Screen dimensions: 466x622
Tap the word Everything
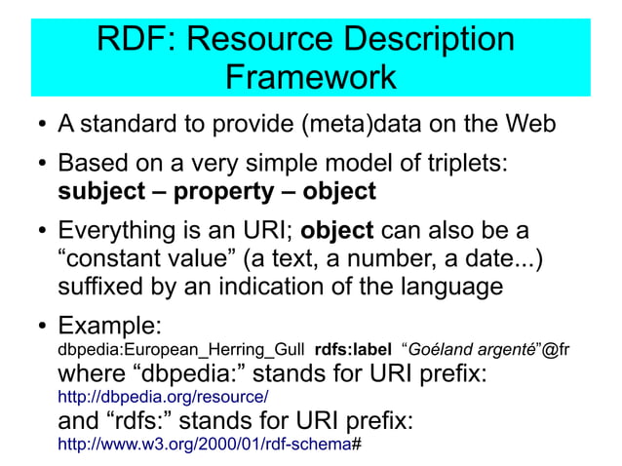tap(129, 233)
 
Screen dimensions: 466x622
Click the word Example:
tap(109, 324)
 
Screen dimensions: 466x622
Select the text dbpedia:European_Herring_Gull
tap(182, 349)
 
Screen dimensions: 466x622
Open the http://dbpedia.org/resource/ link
tap(164, 397)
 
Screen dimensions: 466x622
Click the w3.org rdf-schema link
tap(205, 444)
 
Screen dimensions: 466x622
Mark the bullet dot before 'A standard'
tap(39, 127)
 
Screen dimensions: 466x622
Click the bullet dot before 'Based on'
tap(39, 163)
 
